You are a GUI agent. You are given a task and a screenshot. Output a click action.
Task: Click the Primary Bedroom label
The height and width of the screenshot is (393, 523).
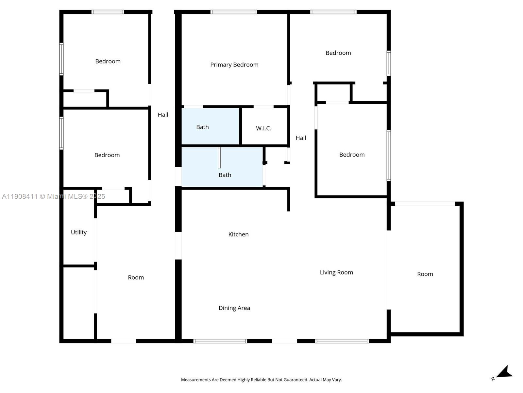(x=234, y=65)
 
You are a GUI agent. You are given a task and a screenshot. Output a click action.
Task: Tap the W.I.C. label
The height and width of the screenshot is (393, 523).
(x=263, y=128)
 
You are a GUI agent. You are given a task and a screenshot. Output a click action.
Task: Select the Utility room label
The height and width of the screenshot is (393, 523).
(x=79, y=232)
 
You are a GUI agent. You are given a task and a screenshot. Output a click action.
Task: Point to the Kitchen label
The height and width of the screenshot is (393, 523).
(x=238, y=234)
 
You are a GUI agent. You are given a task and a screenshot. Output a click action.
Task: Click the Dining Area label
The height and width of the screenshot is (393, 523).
(x=234, y=308)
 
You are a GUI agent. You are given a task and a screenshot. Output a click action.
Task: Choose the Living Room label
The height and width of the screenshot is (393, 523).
(x=336, y=272)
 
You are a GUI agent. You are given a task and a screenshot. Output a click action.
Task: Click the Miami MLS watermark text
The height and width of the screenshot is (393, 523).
(x=54, y=196)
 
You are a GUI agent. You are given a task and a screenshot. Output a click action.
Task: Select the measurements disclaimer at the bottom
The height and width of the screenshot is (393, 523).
(x=261, y=380)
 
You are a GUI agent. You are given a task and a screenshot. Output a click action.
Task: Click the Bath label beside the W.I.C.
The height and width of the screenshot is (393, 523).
(x=202, y=127)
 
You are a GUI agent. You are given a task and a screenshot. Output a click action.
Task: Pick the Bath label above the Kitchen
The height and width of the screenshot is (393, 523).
(x=225, y=175)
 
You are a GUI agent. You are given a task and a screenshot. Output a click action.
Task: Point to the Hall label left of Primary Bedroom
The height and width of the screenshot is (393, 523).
(x=163, y=115)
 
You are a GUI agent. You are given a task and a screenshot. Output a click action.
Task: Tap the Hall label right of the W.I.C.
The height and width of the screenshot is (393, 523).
(x=301, y=138)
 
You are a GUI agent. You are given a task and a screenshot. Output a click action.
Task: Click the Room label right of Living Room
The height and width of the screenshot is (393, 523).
(x=425, y=274)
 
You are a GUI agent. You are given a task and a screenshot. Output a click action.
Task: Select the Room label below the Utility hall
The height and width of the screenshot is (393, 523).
(x=136, y=277)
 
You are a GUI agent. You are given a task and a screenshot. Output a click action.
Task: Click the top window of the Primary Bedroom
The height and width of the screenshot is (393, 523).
(x=233, y=12)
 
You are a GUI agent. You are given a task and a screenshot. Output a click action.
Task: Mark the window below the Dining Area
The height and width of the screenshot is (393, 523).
(x=220, y=341)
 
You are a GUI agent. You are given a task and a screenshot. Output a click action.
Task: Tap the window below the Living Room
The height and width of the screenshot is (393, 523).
(x=342, y=341)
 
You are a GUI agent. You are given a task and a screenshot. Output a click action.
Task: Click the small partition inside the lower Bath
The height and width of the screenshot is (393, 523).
(x=219, y=158)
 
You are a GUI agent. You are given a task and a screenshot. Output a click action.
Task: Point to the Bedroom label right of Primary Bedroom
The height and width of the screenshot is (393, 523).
(x=338, y=53)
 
